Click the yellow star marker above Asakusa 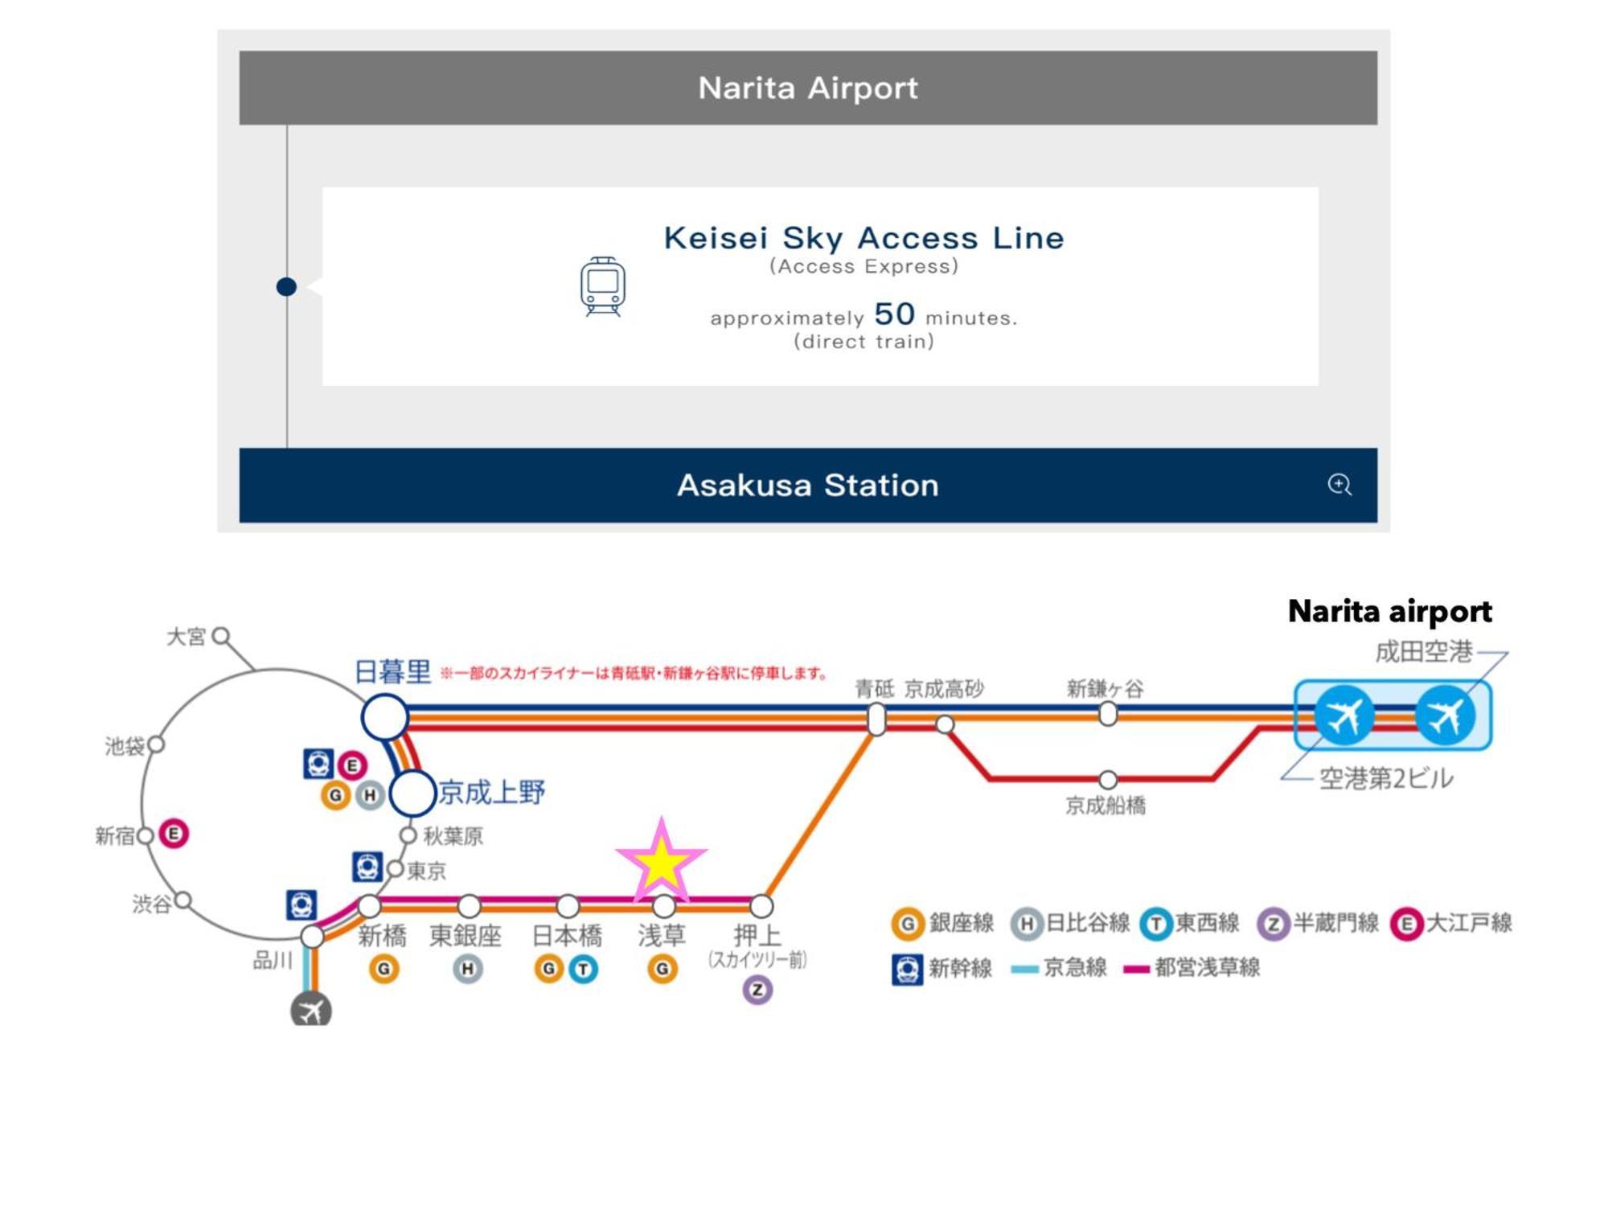pyautogui.click(x=661, y=861)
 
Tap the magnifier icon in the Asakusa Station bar pyautogui.click(x=1339, y=484)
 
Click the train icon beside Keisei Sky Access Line pyautogui.click(x=602, y=286)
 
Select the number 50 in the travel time pyautogui.click(x=894, y=314)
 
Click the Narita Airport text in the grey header pyautogui.click(x=807, y=88)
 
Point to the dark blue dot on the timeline pyautogui.click(x=286, y=286)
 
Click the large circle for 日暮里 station pyautogui.click(x=384, y=717)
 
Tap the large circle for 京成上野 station pyautogui.click(x=412, y=793)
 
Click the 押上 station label pyautogui.click(x=757, y=935)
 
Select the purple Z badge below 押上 pyautogui.click(x=757, y=990)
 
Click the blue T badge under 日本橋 pyautogui.click(x=584, y=969)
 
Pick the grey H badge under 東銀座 pyautogui.click(x=467, y=969)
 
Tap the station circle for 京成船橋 pyautogui.click(x=1108, y=779)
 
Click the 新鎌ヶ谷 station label pyautogui.click(x=1105, y=688)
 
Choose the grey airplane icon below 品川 pyautogui.click(x=310, y=1010)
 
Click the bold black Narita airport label pyautogui.click(x=1389, y=611)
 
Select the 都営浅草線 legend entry pyautogui.click(x=1192, y=967)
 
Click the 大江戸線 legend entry pyautogui.click(x=1452, y=923)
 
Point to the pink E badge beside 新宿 pyautogui.click(x=174, y=834)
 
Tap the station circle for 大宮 pyautogui.click(x=221, y=637)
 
